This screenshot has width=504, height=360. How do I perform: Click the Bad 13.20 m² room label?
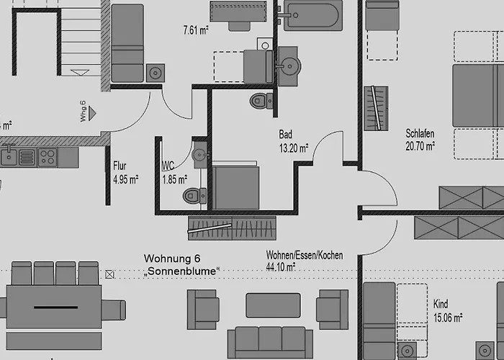click(x=294, y=141)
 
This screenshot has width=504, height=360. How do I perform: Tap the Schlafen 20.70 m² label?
click(x=420, y=140)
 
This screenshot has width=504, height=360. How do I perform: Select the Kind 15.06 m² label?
click(x=448, y=311)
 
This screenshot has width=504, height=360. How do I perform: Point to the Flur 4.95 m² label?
click(x=126, y=173)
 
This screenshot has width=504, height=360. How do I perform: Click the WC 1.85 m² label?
click(x=174, y=173)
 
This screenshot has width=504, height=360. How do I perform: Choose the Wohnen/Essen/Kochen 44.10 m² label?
click(x=305, y=261)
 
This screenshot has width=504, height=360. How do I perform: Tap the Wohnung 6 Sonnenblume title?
click(x=181, y=265)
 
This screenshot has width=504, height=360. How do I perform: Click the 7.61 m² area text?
click(x=196, y=30)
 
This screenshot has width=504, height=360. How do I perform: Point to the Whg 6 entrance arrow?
click(x=93, y=113)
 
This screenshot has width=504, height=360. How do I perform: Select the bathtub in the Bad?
click(x=312, y=15)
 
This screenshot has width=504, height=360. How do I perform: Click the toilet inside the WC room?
click(x=194, y=196)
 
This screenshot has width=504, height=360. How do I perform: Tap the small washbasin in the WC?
click(x=200, y=155)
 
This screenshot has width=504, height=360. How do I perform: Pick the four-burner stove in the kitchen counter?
click(x=48, y=158)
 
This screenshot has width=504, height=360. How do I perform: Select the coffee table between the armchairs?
click(x=273, y=305)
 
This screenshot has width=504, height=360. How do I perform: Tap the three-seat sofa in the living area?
click(x=270, y=342)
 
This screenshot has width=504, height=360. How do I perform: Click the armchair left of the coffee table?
click(x=203, y=310)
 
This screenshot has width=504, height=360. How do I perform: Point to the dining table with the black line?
click(x=54, y=307)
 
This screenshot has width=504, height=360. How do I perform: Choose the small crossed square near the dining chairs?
click(x=109, y=274)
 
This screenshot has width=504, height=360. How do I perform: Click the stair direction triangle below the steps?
click(x=80, y=73)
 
